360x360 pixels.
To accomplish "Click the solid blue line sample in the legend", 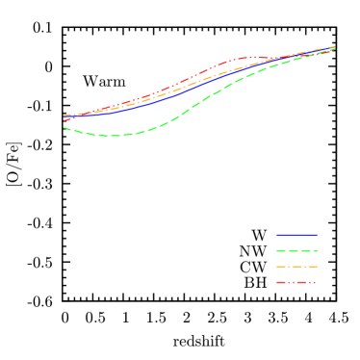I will [296, 235].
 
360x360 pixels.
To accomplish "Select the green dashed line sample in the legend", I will [296, 250].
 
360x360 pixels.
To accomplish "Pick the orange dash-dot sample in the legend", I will [296, 267].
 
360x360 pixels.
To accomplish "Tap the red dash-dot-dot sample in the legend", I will [296, 282].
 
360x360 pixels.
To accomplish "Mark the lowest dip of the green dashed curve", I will [114, 136].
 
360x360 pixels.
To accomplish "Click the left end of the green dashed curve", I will [64, 127].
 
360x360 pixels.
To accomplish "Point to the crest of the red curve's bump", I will [243, 58].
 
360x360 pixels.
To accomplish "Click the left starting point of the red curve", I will [64, 121].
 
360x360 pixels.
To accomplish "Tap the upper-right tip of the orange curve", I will [334, 46].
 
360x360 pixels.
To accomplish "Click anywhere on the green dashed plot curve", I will [193, 106].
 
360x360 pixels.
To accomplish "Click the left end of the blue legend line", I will [277, 235].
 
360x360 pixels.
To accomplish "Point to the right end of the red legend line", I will [316, 282].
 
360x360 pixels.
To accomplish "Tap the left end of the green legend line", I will [277, 250].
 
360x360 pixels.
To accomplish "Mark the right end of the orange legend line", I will [316, 267].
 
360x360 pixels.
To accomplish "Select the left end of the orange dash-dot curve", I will [64, 117].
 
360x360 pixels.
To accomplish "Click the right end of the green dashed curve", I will [334, 48].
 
